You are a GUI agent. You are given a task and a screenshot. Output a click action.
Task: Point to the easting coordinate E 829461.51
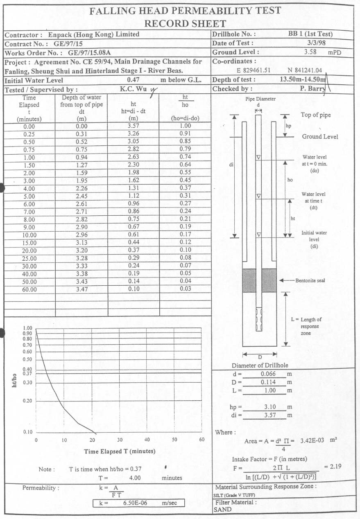pos(254,70)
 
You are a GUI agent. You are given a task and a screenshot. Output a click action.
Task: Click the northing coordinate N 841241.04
pos(305,70)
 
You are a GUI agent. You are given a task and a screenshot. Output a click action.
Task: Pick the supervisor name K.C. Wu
pos(133,88)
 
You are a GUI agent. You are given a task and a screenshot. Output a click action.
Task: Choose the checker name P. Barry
pos(312,88)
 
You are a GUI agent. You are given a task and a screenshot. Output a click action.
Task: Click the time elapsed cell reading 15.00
pos(29,243)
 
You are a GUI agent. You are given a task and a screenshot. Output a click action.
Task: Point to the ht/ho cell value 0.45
pos(185,181)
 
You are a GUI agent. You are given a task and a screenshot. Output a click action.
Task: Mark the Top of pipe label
pos(315,115)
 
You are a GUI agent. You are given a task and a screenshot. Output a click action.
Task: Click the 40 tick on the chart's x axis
pos(147,440)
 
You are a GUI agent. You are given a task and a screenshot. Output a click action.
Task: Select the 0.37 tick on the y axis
pos(27,374)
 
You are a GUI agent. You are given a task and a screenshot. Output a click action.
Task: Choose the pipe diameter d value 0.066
pos(268,374)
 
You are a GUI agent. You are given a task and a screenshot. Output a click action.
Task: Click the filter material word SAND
pos(222,510)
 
